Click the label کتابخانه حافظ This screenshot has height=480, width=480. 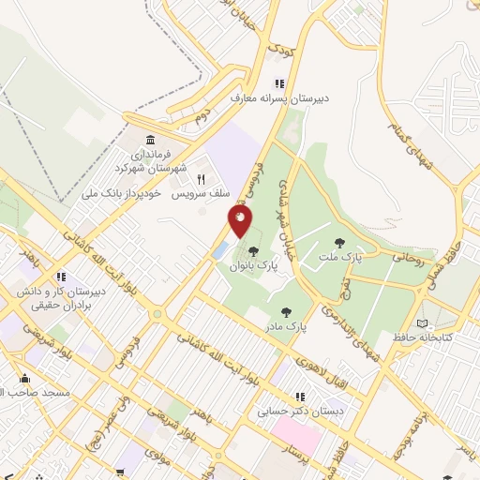(446, 336)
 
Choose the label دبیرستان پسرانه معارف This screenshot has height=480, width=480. (285, 97)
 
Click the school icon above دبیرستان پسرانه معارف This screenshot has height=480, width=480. (278, 82)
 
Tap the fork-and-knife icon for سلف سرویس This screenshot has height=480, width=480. (200, 178)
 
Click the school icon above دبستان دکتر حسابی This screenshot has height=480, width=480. (300, 397)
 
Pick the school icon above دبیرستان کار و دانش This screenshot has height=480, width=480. (61, 277)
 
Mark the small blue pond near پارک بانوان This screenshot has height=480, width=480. (219, 250)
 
